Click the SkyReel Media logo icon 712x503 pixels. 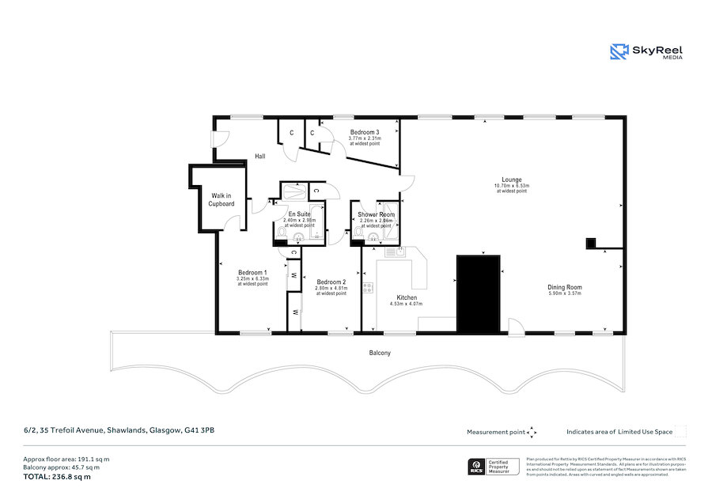[x=619, y=52]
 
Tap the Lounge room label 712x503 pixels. [x=511, y=180]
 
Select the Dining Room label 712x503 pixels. [x=564, y=287]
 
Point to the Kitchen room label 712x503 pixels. [x=407, y=297]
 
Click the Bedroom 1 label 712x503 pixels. [x=252, y=273]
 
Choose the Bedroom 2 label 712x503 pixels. [x=331, y=282]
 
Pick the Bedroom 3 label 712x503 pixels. [x=365, y=132]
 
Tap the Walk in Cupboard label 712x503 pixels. [x=221, y=199]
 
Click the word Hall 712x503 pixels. [x=259, y=157]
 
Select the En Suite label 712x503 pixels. [x=298, y=214]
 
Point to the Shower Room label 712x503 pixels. [x=376, y=214]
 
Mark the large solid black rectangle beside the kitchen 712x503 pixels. [x=479, y=293]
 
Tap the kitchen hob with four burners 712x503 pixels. [x=368, y=288]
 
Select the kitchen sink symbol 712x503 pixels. [x=394, y=252]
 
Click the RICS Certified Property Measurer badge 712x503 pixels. [x=494, y=467]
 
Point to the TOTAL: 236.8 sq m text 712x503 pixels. [x=57, y=476]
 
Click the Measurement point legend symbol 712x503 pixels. [x=532, y=432]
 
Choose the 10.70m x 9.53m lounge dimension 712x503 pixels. [x=511, y=186]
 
